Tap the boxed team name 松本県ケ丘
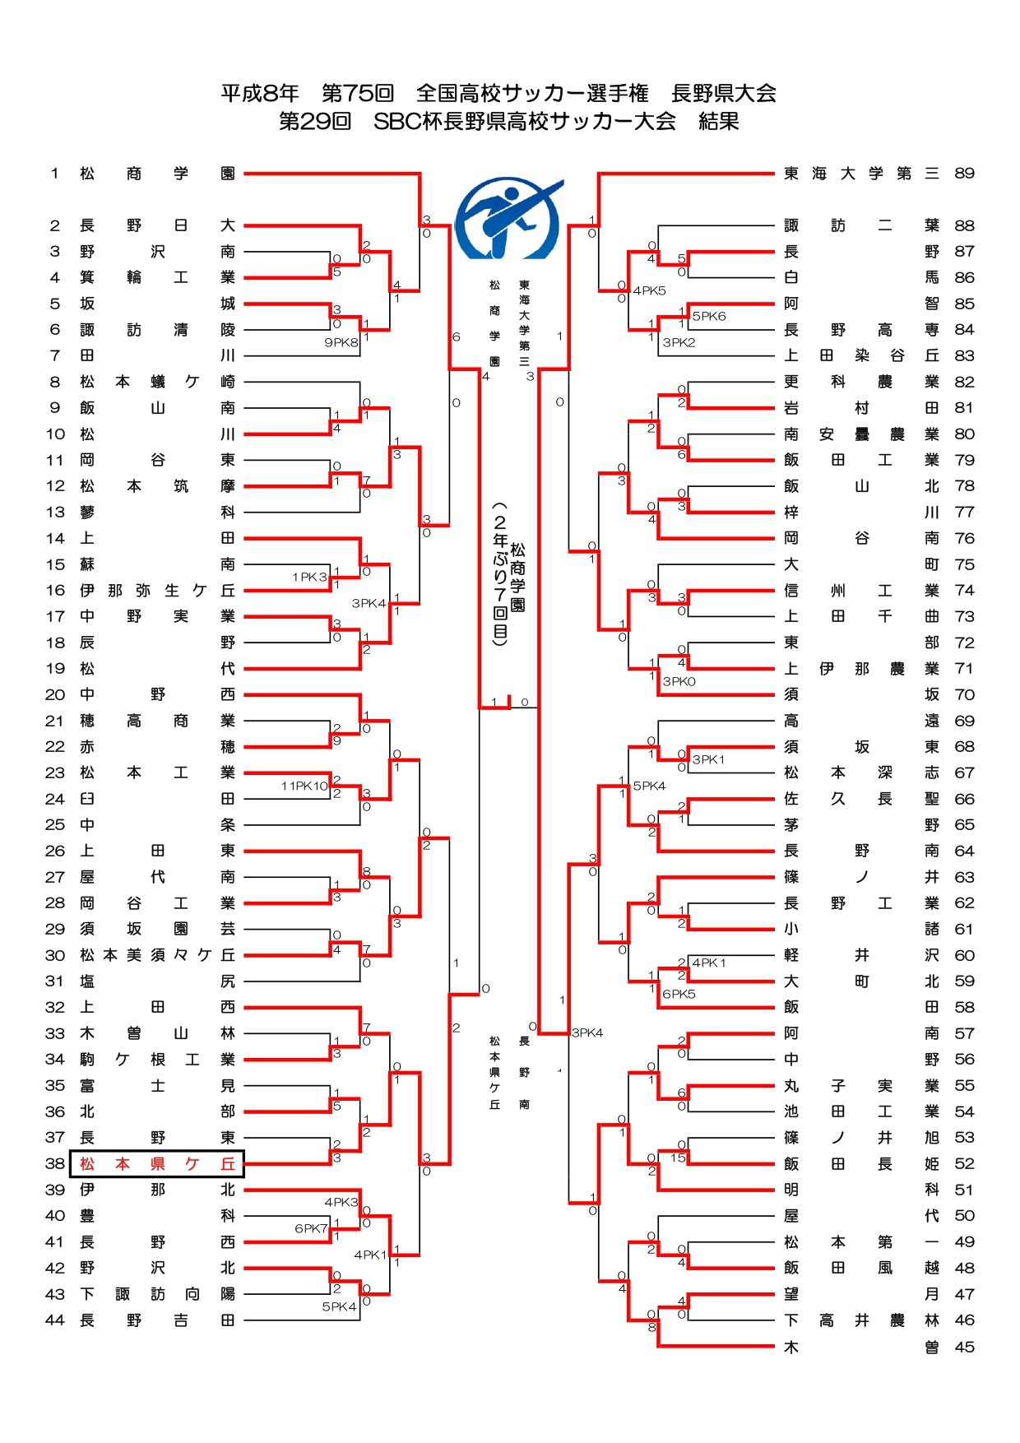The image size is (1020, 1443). [x=157, y=1163]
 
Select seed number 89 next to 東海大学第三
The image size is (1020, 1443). [x=964, y=174]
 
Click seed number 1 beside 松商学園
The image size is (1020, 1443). [x=54, y=174]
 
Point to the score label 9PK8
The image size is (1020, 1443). [x=341, y=342]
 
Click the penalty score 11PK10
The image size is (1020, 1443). [x=304, y=786]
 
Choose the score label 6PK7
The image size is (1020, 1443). [x=311, y=1228]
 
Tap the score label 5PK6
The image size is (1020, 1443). [x=708, y=316]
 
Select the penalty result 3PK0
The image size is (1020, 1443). [x=679, y=681]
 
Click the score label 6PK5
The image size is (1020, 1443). [x=679, y=994]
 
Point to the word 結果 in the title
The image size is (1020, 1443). [x=718, y=122]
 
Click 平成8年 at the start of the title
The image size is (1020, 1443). [x=259, y=93]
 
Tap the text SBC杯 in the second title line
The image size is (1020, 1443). [x=408, y=122]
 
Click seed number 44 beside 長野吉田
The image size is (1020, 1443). [x=55, y=1320]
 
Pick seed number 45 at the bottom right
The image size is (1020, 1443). [x=964, y=1347]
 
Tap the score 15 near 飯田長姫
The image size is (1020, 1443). [x=678, y=1158]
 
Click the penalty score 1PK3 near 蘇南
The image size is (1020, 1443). [x=309, y=577]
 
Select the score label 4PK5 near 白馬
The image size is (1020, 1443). [x=649, y=290]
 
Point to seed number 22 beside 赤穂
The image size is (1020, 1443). [x=55, y=746]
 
